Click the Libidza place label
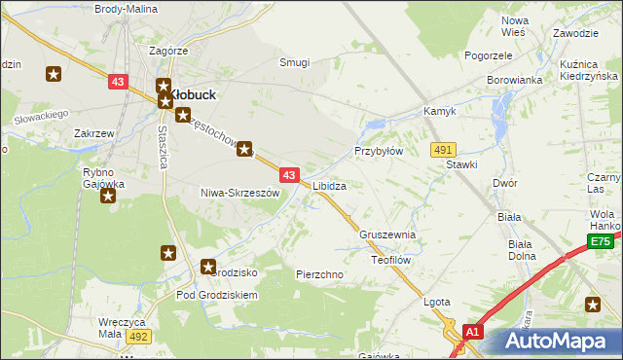(329, 185)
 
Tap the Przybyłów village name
(378, 152)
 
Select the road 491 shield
(444, 149)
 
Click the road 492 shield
(138, 336)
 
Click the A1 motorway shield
(472, 332)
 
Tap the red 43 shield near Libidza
(289, 174)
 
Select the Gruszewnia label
(387, 234)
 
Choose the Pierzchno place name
(319, 274)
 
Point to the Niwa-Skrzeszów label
(239, 193)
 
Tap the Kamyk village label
(440, 112)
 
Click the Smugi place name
(294, 62)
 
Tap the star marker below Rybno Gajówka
(108, 196)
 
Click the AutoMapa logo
(559, 342)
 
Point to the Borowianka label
(514, 80)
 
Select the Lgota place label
(437, 302)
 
